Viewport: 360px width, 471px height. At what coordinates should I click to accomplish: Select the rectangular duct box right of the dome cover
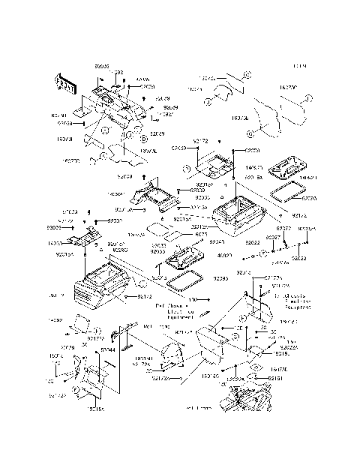click(x=215, y=347)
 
